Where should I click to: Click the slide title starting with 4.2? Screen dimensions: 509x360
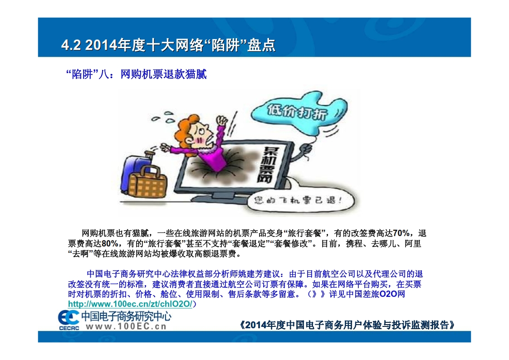tap(168, 45)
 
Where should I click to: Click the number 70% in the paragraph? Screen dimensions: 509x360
tap(401, 233)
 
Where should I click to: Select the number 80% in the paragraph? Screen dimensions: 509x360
tap(110, 244)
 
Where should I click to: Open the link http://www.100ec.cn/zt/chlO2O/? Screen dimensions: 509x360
tap(130, 304)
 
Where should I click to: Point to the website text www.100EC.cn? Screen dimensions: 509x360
tap(126, 326)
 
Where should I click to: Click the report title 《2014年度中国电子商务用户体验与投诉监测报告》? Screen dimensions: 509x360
tap(347, 325)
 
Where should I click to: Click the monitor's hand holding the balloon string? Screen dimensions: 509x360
tap(306, 149)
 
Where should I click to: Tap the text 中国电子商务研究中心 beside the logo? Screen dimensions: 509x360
tap(126, 316)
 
